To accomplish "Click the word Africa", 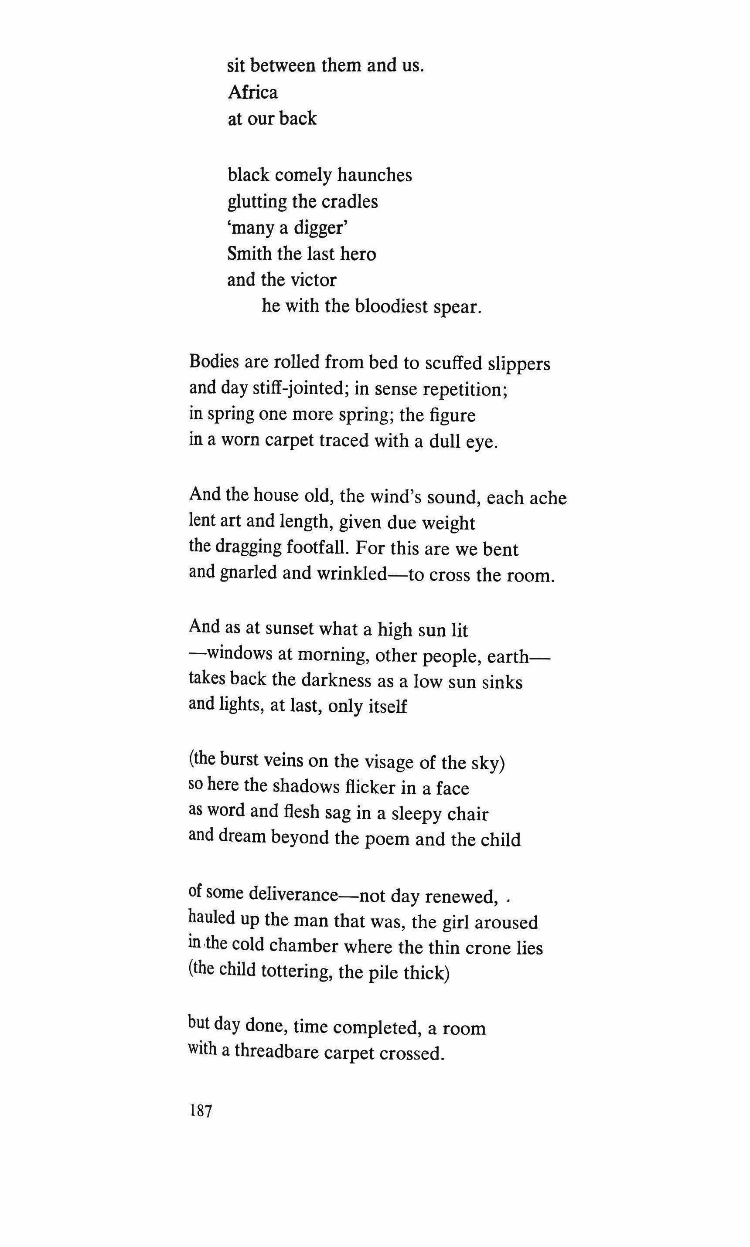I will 253,92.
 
